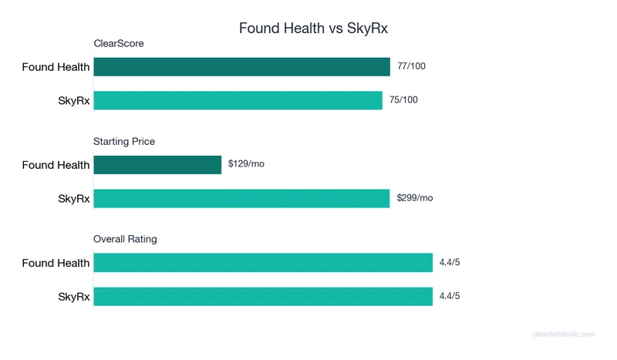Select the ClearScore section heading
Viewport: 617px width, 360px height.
[x=119, y=43]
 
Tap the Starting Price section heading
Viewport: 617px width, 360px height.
[x=124, y=141]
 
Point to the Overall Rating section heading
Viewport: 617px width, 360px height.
[x=125, y=239]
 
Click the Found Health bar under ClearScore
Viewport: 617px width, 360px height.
[x=241, y=67]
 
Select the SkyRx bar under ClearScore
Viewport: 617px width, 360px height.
[x=238, y=100]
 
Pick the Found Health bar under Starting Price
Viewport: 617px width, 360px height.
[x=157, y=165]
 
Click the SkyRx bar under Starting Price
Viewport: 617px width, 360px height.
[x=241, y=198]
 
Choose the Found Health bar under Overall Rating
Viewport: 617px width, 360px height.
[x=263, y=263]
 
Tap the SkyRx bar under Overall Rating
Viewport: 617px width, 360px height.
[x=263, y=296]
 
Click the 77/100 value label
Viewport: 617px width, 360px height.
[x=411, y=66]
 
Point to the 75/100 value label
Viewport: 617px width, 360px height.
[x=403, y=100]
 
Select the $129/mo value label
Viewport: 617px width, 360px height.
[x=246, y=164]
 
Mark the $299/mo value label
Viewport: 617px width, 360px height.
[x=415, y=198]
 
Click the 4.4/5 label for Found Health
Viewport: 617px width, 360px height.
[x=450, y=263]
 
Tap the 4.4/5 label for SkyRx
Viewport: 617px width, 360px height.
[x=450, y=296]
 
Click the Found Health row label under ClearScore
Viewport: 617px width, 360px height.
[x=56, y=67]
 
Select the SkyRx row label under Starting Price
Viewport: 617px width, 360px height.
[x=74, y=199]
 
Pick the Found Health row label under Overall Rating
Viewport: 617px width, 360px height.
[x=56, y=263]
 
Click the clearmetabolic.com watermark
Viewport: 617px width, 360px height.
[x=564, y=334]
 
